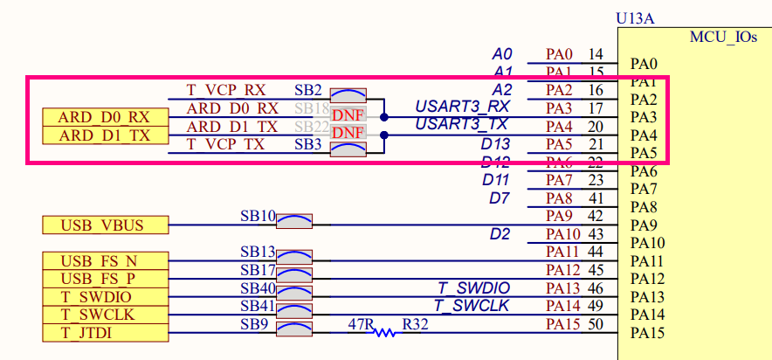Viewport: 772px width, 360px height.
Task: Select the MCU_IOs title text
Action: pyautogui.click(x=722, y=39)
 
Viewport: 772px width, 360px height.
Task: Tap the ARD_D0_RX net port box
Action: pyautogui.click(x=104, y=117)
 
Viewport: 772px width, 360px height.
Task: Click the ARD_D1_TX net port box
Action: pyautogui.click(x=104, y=135)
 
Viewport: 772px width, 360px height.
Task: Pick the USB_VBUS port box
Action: pyautogui.click(x=104, y=225)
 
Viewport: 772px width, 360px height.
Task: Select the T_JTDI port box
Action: pyautogui.click(x=104, y=333)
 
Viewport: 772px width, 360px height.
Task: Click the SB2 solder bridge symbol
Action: pyautogui.click(x=347, y=96)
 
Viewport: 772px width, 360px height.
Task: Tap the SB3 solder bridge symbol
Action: pyautogui.click(x=347, y=149)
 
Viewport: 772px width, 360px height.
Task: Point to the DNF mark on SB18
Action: pyautogui.click(x=347, y=115)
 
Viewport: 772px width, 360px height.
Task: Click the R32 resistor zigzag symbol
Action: pyautogui.click(x=384, y=332)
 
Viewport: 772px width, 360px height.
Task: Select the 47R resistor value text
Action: pyautogui.click(x=361, y=322)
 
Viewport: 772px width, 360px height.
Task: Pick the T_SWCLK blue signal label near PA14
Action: pyautogui.click(x=471, y=305)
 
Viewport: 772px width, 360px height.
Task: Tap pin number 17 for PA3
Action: pyautogui.click(x=596, y=108)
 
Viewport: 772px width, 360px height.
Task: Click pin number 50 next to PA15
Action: pyautogui.click(x=596, y=324)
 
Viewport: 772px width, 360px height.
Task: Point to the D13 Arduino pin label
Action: pyautogui.click(x=495, y=143)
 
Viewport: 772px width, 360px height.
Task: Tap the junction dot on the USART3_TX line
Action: pyautogui.click(x=383, y=135)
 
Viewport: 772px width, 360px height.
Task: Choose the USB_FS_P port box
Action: pyautogui.click(x=104, y=279)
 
